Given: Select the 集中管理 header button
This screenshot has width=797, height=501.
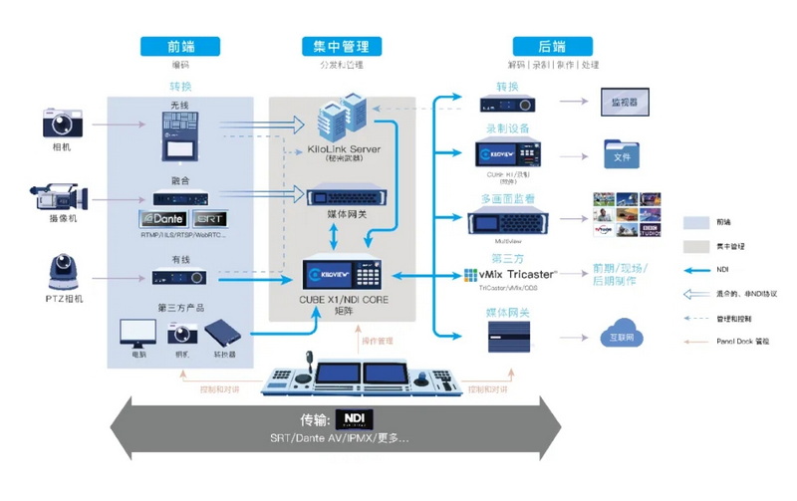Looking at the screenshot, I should [342, 46].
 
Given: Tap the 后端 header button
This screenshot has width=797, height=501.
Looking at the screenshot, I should [552, 46].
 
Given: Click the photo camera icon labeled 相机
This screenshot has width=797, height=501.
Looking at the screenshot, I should [61, 124].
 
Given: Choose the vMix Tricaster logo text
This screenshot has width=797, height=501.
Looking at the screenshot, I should [517, 273].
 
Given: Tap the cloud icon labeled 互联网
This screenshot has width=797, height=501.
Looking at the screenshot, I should [624, 336].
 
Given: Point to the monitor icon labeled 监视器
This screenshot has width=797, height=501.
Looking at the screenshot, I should [625, 100].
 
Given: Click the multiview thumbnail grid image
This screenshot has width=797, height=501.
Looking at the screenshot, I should [629, 213].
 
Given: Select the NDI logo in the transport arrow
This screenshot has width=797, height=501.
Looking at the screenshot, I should [354, 418].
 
